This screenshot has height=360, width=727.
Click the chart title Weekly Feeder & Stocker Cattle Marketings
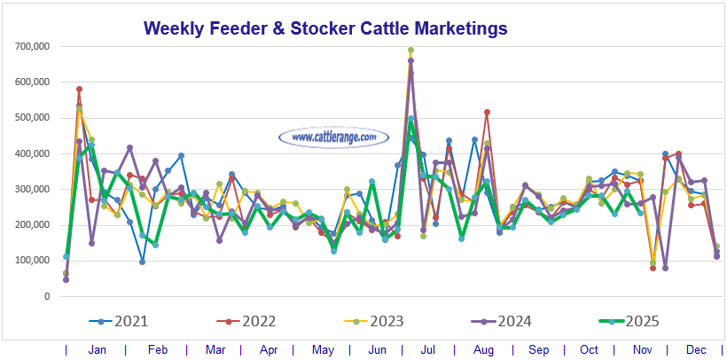click(325, 28)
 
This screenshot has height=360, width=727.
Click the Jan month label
click(98, 350)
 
